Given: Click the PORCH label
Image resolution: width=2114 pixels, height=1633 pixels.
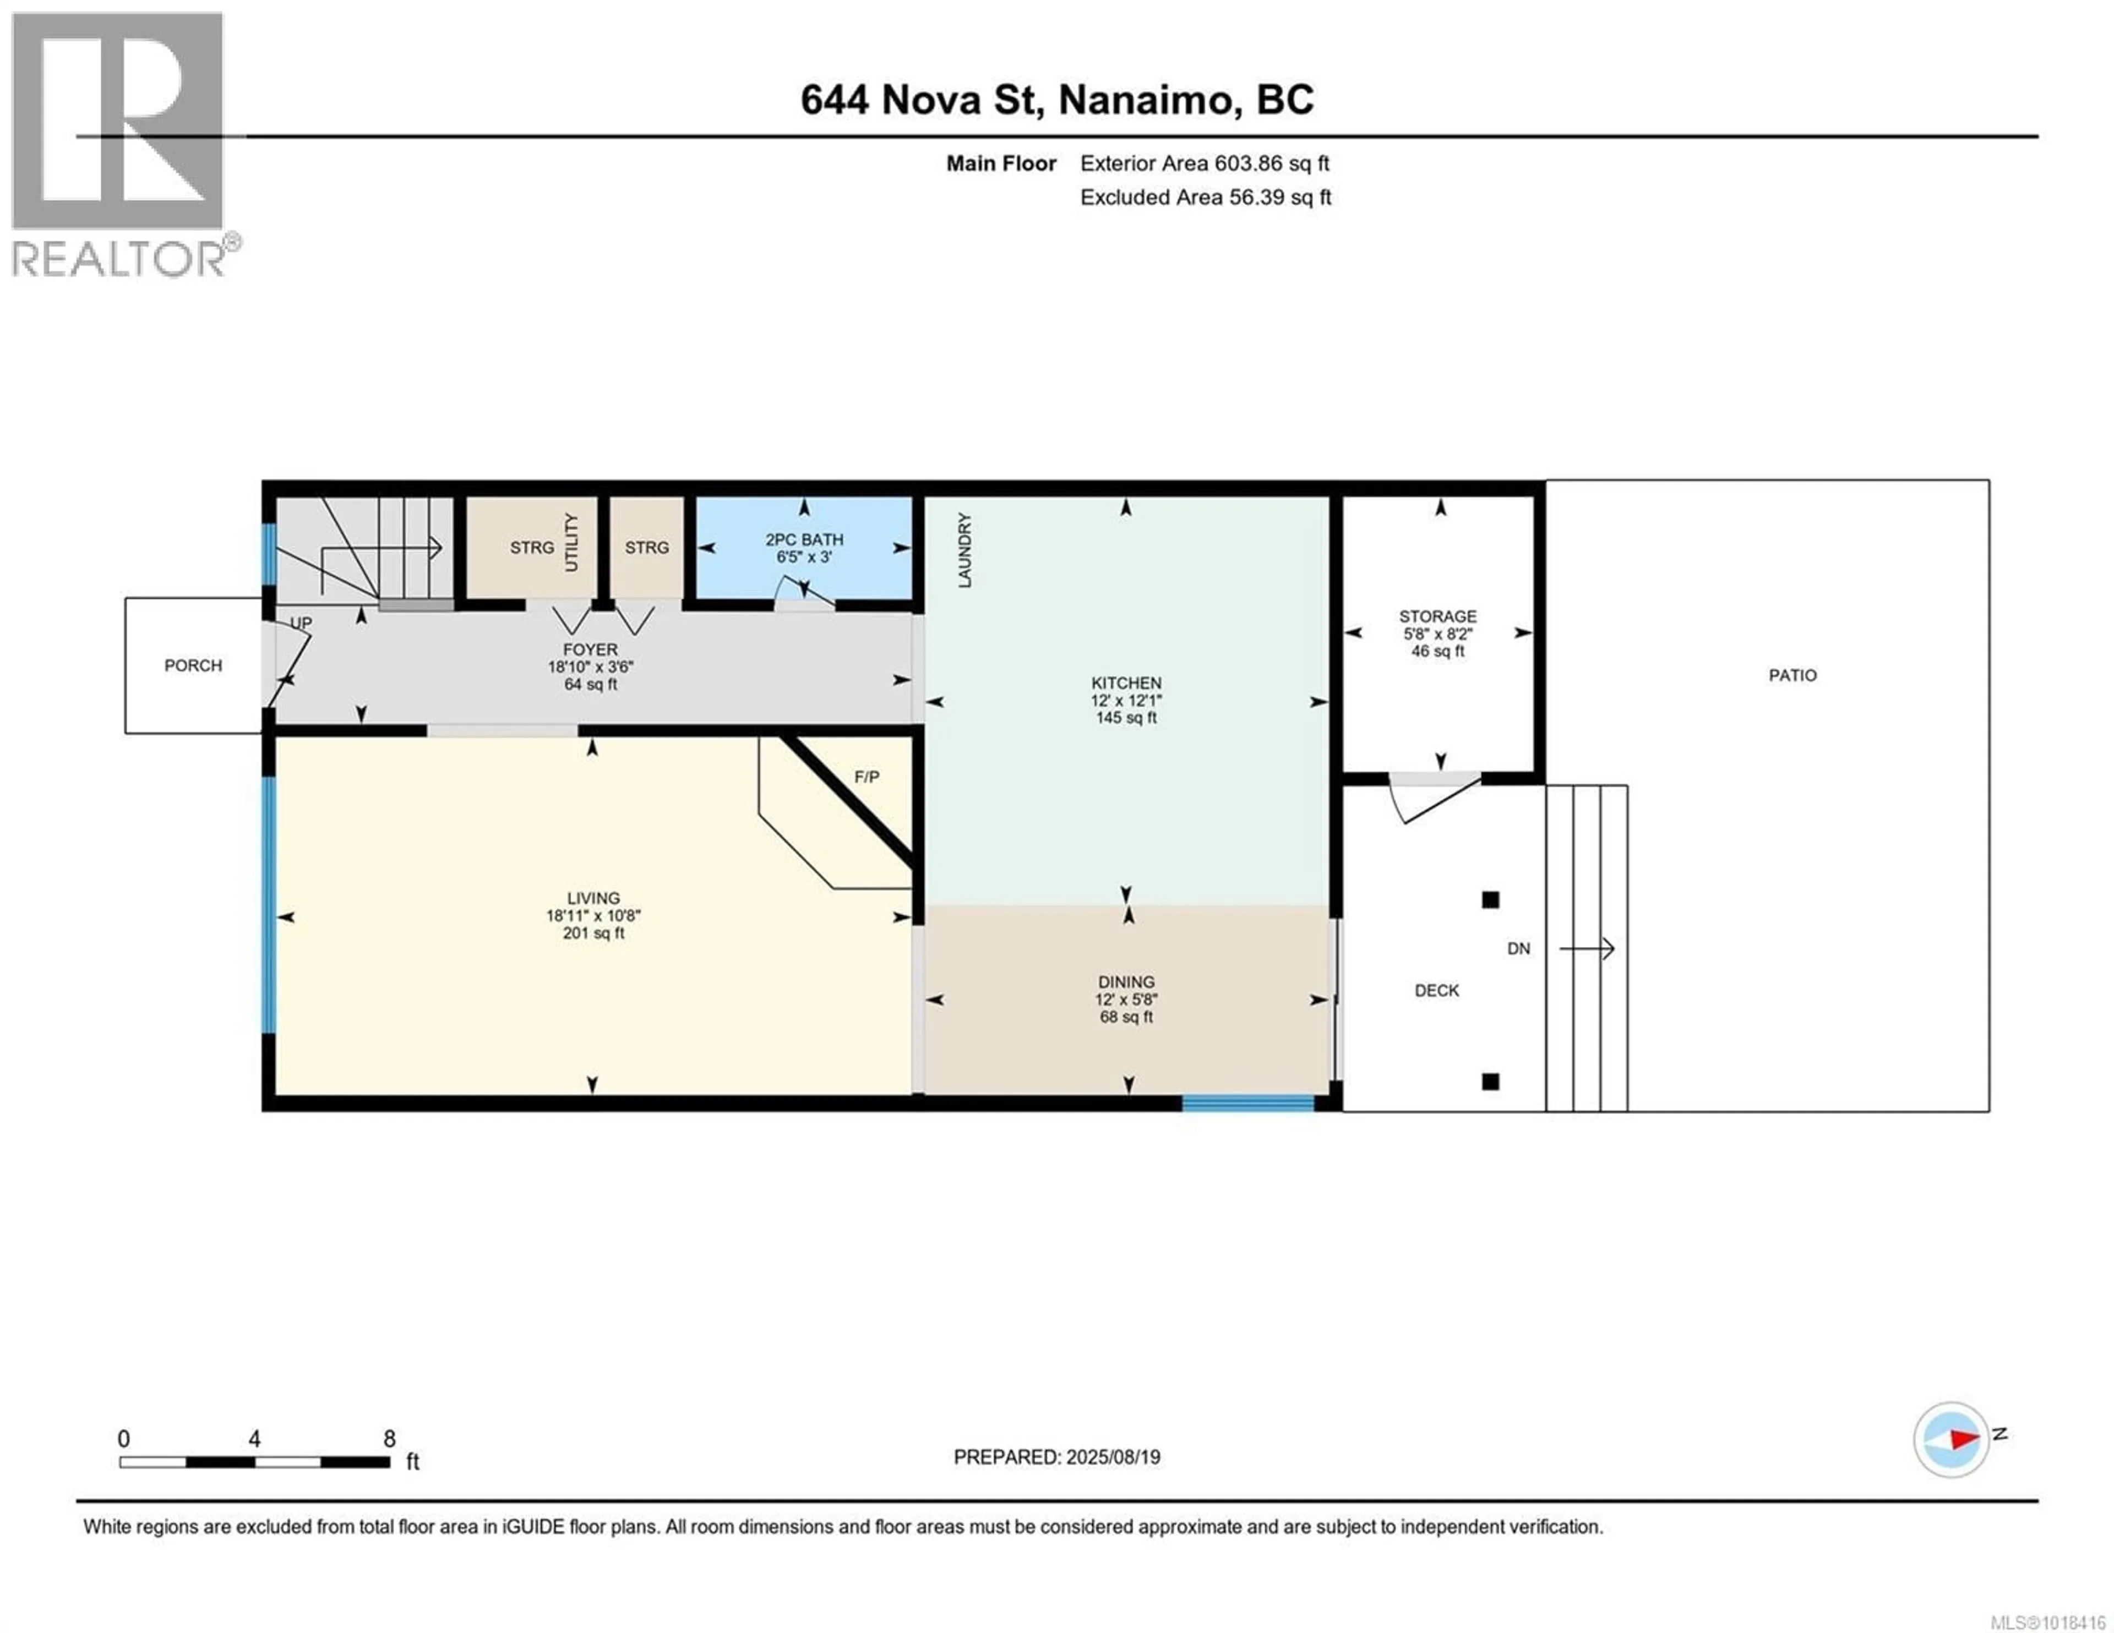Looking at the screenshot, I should point(193,665).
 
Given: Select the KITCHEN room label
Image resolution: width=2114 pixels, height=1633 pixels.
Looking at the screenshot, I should point(1126,682).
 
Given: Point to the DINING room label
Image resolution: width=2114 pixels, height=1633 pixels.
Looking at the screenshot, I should point(1126,981).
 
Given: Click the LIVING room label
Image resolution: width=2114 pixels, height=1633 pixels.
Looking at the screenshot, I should point(593,898).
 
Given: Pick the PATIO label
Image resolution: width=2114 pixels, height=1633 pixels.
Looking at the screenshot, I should point(1792,675).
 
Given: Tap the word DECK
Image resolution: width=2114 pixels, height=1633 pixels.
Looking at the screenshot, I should point(1436,990).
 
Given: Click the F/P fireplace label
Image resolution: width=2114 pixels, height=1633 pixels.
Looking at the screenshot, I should point(867,777).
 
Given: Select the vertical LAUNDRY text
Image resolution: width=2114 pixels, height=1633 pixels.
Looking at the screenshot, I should point(964,551).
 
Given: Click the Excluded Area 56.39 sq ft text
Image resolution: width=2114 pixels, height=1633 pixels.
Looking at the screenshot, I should point(1205,198).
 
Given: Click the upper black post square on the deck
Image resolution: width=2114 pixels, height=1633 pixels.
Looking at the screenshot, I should point(1491,899).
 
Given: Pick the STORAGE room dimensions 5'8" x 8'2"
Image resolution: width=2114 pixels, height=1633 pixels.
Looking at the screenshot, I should point(1437,634).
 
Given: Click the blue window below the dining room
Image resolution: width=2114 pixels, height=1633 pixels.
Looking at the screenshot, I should point(1247,1102).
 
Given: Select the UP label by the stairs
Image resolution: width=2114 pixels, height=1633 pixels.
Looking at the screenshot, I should point(301,622).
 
